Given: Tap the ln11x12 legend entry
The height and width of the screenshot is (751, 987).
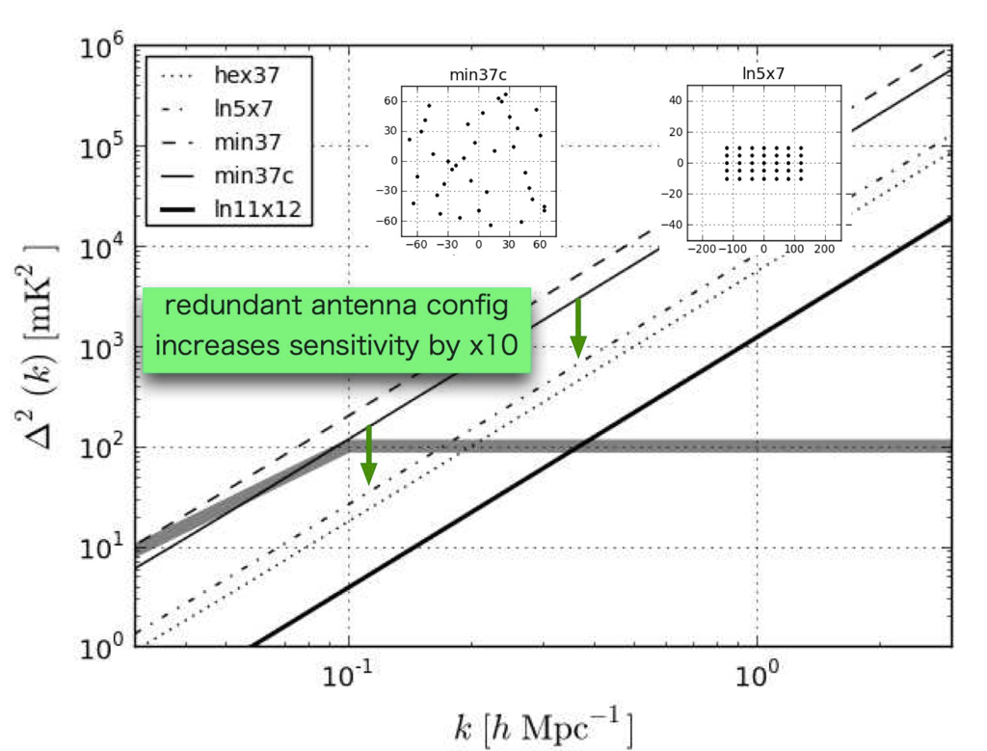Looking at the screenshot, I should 258,206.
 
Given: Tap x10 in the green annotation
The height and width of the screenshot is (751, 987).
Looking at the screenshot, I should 499,344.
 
